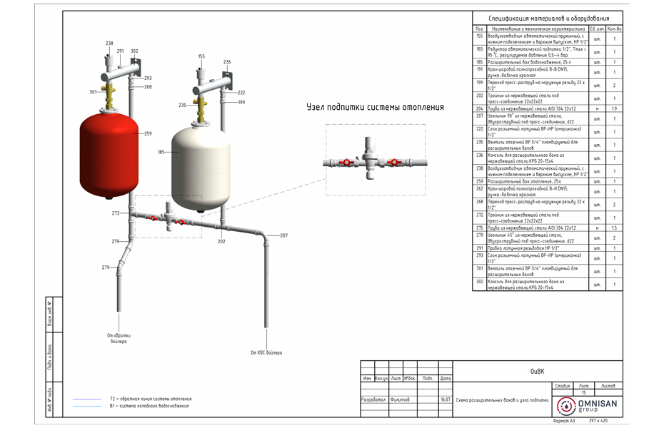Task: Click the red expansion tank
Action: pyautogui.click(x=109, y=153)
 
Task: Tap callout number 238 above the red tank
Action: pyautogui.click(x=109, y=44)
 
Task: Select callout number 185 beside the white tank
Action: pyautogui.click(x=161, y=152)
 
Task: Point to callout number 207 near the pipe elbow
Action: pyautogui.click(x=283, y=235)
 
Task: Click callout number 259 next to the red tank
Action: pyautogui.click(x=148, y=133)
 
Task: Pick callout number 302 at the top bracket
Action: pyautogui.click(x=134, y=51)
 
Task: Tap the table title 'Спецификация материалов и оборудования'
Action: pyautogui.click(x=550, y=19)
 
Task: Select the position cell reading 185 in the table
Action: pyautogui.click(x=480, y=62)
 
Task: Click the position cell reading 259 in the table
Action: pyautogui.click(x=480, y=181)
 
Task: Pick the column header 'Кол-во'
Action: pyautogui.click(x=614, y=29)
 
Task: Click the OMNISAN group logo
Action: pyautogui.click(x=590, y=405)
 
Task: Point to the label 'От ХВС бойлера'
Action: pyautogui.click(x=266, y=352)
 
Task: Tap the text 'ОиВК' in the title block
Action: pyautogui.click(x=537, y=371)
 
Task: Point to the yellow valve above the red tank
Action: pyautogui.click(x=111, y=94)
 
